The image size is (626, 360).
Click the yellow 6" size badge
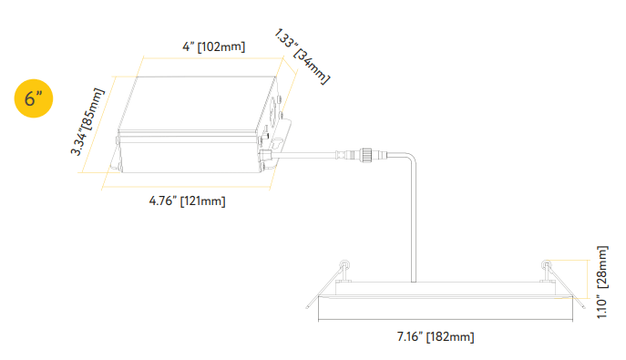(x=35, y=98)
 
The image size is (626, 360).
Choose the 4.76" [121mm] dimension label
(x=187, y=201)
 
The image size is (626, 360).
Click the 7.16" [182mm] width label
(x=436, y=337)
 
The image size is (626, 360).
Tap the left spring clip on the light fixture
(x=344, y=268)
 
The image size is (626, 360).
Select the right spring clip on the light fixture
(x=545, y=268)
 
